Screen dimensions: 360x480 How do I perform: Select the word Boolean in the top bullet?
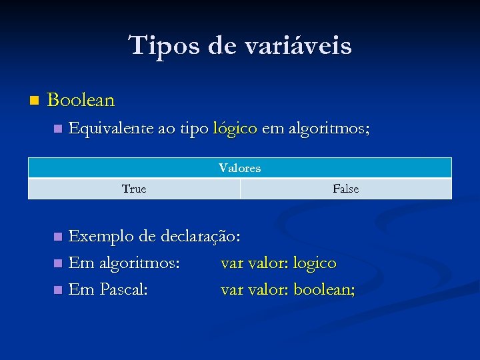click(x=81, y=101)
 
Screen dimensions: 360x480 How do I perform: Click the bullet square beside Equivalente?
click(x=57, y=128)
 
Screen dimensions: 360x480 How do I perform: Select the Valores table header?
click(x=239, y=168)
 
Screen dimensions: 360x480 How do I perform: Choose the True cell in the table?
click(x=134, y=189)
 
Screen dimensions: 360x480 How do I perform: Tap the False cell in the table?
click(x=345, y=189)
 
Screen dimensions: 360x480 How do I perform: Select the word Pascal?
click(x=124, y=290)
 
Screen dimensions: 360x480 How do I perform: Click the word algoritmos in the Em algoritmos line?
click(x=139, y=263)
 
